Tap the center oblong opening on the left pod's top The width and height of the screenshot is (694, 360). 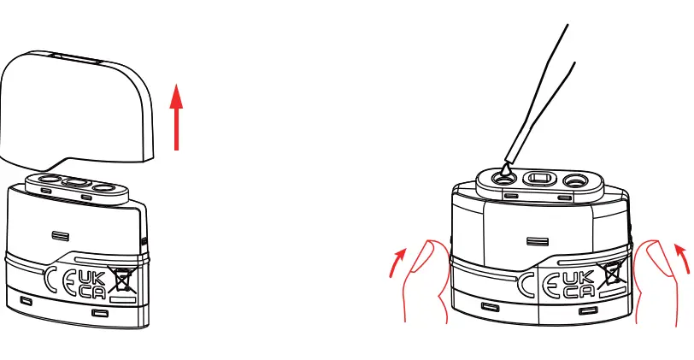[76, 182]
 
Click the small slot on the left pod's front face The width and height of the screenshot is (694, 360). [60, 234]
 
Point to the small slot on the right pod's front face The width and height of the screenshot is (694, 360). [537, 242]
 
